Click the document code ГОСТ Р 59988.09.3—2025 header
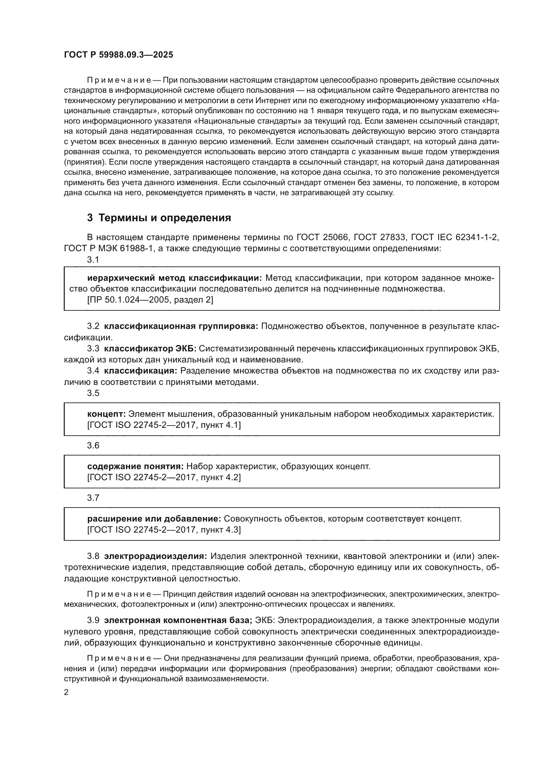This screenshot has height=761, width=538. click(118, 55)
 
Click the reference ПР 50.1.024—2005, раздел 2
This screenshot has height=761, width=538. click(150, 300)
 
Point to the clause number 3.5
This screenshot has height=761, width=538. click(93, 393)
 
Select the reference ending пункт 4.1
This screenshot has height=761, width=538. click(164, 425)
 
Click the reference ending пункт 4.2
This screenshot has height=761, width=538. click(164, 477)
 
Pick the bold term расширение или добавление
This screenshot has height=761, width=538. click(154, 519)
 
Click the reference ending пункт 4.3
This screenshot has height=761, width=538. click(164, 530)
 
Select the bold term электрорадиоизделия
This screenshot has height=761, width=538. click(155, 556)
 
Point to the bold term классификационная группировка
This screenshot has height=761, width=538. click(181, 326)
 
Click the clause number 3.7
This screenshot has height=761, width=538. click(93, 497)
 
